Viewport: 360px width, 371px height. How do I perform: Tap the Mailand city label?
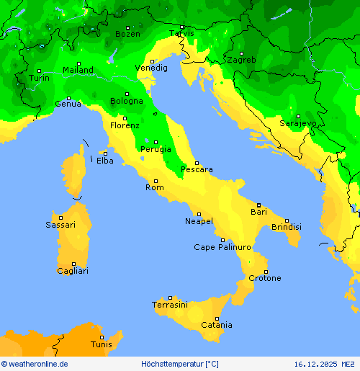click(x=78, y=71)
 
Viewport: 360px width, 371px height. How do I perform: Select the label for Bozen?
click(x=127, y=34)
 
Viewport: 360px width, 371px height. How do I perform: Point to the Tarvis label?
click(x=181, y=34)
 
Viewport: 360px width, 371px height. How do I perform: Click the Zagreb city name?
click(x=240, y=61)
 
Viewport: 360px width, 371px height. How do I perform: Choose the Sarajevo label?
click(x=297, y=124)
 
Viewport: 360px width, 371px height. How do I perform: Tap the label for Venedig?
click(x=151, y=68)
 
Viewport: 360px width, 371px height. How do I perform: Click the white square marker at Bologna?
click(x=127, y=94)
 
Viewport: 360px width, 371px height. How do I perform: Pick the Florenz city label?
click(x=125, y=126)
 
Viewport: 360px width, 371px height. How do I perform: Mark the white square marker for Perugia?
click(x=156, y=142)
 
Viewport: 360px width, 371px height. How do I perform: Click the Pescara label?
click(x=197, y=170)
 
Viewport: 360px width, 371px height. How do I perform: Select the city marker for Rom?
click(x=156, y=181)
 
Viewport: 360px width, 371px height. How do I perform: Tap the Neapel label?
click(x=199, y=221)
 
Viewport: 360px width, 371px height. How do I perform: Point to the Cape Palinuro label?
click(x=222, y=248)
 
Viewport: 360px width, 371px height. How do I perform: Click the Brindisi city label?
click(x=286, y=228)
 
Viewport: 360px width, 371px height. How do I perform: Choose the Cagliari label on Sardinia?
click(x=73, y=272)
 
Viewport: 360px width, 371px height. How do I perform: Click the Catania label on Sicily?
click(x=216, y=326)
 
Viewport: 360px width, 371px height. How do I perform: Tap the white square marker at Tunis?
click(x=102, y=336)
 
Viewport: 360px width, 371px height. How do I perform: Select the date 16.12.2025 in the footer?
click(x=317, y=365)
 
